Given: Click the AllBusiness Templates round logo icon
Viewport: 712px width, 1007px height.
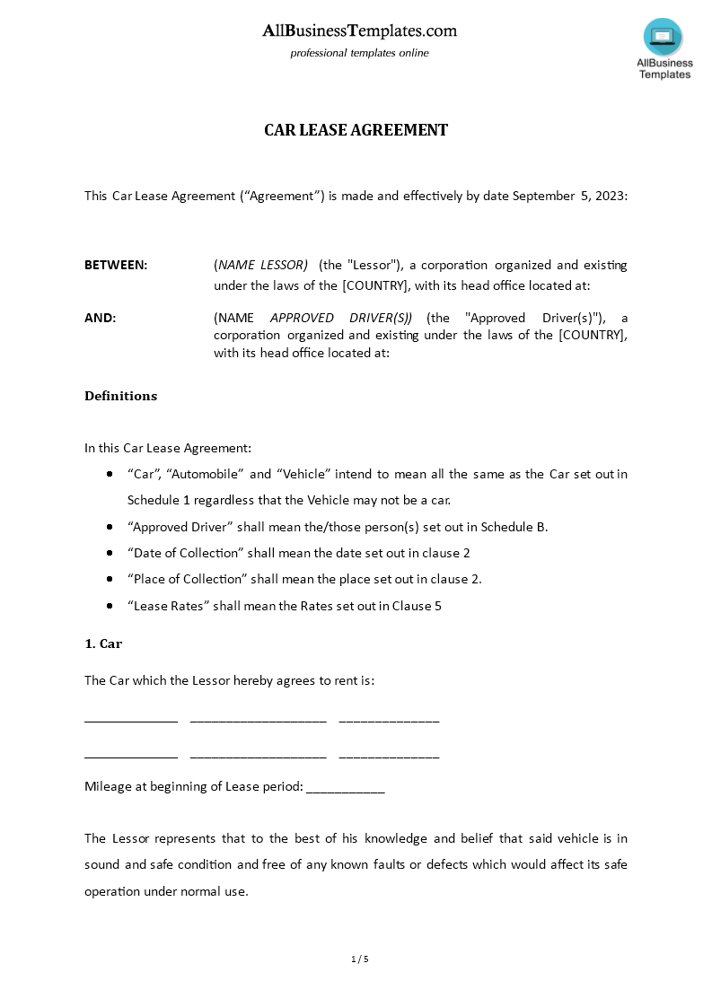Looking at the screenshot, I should coord(663,37).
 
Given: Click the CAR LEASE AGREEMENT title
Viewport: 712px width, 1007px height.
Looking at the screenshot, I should coord(356,130).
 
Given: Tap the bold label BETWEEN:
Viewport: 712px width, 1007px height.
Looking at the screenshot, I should coord(116,265).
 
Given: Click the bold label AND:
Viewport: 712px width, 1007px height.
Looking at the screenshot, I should coord(100,318).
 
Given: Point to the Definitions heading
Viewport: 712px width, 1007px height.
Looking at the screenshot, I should coord(120,396).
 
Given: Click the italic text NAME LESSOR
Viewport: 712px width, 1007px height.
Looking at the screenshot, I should coord(262,265).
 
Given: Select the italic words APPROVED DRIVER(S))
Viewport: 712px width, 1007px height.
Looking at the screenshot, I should coord(341,318).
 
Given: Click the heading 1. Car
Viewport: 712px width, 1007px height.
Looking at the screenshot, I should coord(103,644).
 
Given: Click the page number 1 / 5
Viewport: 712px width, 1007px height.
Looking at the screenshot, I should coord(360,959).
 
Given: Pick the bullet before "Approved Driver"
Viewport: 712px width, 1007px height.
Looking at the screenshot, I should coord(110,527).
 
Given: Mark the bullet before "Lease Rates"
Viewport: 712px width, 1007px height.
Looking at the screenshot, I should coord(110,606).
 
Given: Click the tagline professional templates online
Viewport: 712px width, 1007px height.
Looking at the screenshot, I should coord(359,53).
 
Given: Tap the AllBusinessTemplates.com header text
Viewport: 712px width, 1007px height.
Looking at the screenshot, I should coord(359,31).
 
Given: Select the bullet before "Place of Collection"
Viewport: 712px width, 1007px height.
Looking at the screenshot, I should coord(110,580).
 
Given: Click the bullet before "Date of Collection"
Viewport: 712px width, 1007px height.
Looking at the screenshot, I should coord(110,553).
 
